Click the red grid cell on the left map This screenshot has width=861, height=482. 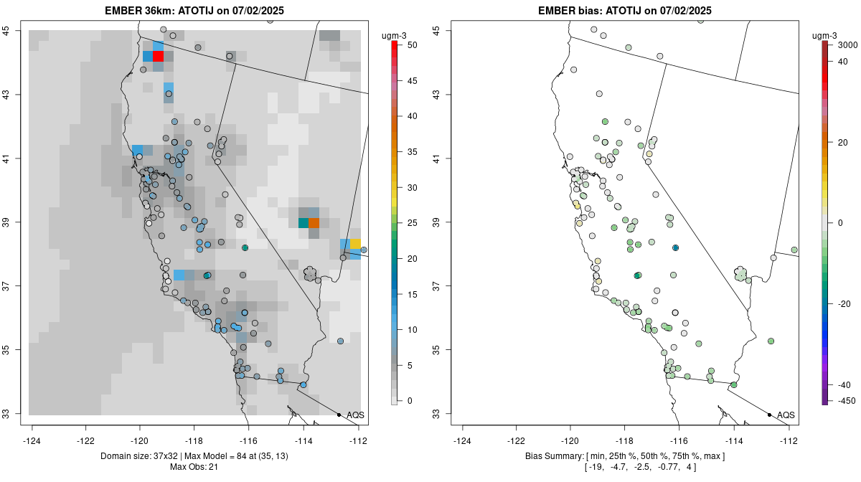[159, 56]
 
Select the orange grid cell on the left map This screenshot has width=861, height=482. [314, 222]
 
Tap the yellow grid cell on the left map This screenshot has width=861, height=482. [355, 244]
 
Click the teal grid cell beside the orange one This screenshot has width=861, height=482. [303, 222]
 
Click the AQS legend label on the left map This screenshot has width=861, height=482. [355, 415]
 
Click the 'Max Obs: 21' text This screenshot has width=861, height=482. [194, 468]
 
